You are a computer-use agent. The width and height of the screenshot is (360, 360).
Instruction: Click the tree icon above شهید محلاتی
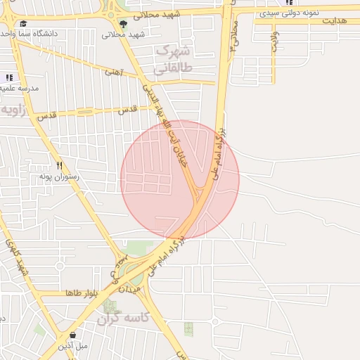point(124,24)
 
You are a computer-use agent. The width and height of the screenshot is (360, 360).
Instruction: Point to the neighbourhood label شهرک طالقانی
point(172,59)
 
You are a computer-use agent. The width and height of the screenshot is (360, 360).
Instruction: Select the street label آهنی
point(113,71)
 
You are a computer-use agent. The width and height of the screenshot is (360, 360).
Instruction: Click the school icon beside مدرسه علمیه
point(8,77)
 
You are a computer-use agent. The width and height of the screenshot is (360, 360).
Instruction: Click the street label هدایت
point(336,21)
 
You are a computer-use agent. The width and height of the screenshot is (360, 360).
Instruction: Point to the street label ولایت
point(274,41)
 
